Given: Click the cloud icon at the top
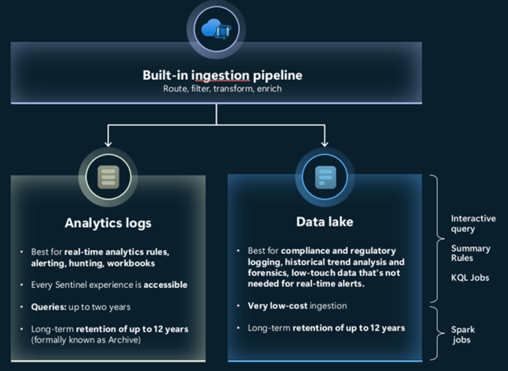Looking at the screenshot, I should [216, 30].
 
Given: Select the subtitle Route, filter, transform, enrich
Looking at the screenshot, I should [222, 89].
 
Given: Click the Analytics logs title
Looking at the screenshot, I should [108, 223].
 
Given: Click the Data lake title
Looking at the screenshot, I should [324, 222].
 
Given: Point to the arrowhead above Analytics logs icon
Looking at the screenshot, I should [108, 141].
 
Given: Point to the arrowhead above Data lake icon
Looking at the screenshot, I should [324, 141].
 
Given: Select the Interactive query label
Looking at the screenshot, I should [472, 224].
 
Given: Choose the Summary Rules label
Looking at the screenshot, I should [470, 253].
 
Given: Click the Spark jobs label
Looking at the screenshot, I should [463, 334].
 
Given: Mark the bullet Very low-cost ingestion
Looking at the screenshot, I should [297, 306].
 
